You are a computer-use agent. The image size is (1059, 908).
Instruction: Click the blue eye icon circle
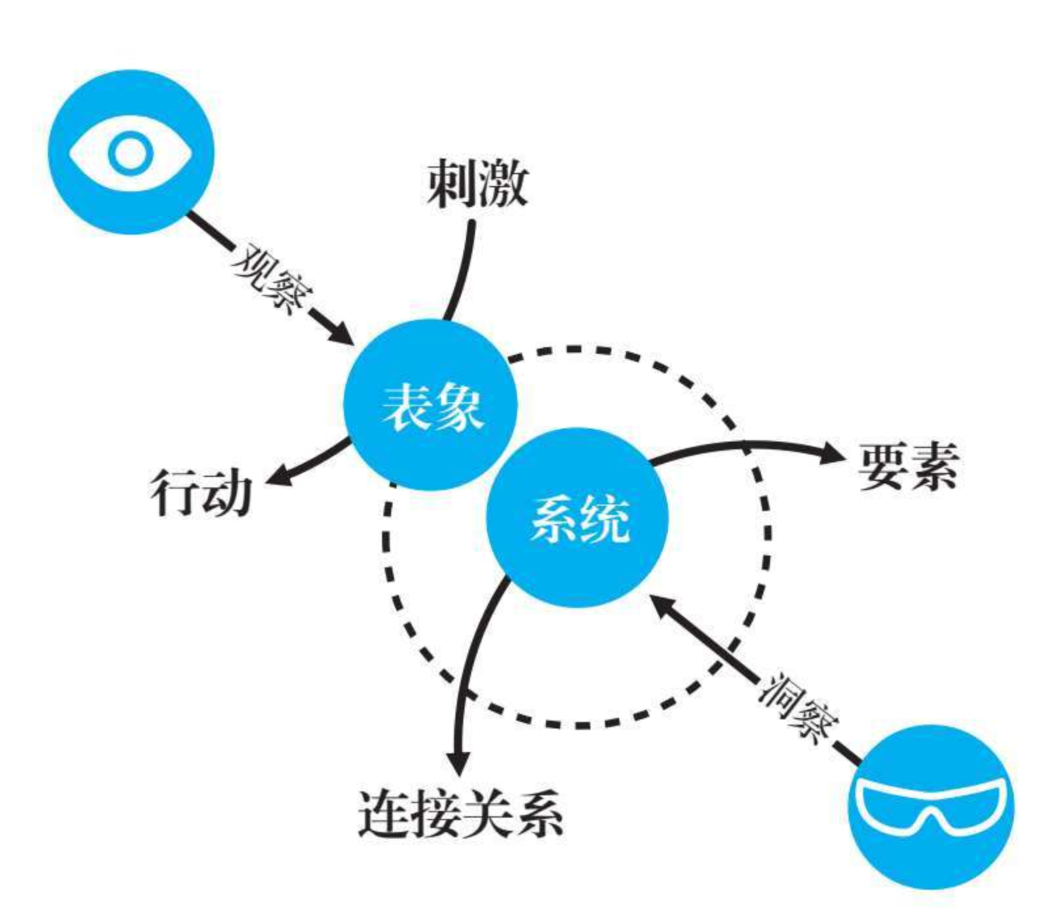pyautogui.click(x=131, y=152)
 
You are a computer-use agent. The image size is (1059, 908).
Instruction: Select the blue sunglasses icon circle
pyautogui.click(x=931, y=807)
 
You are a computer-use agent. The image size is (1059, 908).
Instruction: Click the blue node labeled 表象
pyautogui.click(x=431, y=405)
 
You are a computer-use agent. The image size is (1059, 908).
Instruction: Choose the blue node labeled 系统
pyautogui.click(x=577, y=518)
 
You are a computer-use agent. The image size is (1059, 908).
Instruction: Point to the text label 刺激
pyautogui.click(x=477, y=184)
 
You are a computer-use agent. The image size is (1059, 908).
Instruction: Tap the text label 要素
pyautogui.click(x=908, y=466)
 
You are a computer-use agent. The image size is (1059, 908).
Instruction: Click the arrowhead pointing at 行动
pyautogui.click(x=275, y=477)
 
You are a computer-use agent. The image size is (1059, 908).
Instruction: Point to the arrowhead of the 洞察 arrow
pyautogui.click(x=663, y=606)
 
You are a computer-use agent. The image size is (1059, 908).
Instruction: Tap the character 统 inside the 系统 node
pyautogui.click(x=604, y=519)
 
